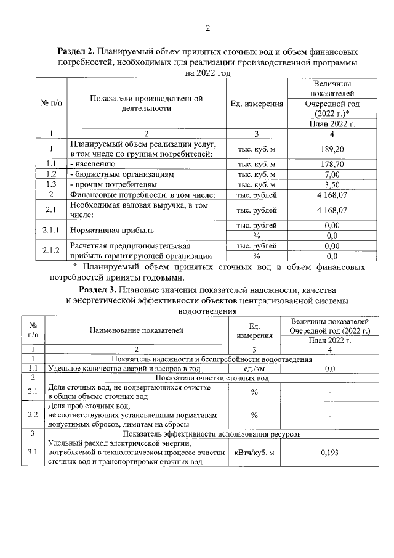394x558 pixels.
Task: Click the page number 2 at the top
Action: (x=207, y=28)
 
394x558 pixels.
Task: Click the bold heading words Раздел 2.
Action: (x=78, y=52)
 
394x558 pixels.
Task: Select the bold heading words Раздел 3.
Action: (x=98, y=289)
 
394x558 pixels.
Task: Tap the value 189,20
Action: (x=332, y=150)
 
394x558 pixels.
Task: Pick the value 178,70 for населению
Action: (x=332, y=165)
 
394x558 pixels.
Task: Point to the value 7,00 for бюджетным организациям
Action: (x=332, y=174)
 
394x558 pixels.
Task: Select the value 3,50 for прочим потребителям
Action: (x=332, y=184)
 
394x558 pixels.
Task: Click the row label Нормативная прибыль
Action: (x=111, y=231)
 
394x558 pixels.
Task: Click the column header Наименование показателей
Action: (x=136, y=330)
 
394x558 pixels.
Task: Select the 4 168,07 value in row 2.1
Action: (x=332, y=210)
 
